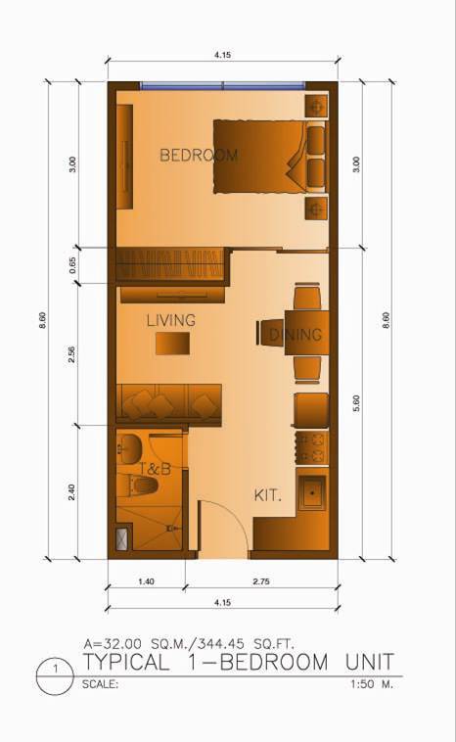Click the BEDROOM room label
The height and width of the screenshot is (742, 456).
coord(199,155)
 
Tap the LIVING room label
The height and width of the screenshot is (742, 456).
coord(171,320)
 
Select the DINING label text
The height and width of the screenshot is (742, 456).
coord(296,335)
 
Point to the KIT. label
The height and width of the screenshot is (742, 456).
coord(268,496)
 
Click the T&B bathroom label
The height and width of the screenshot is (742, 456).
coord(155,469)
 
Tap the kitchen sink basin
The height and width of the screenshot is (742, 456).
coord(312,492)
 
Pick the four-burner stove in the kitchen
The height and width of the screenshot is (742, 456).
coord(312,447)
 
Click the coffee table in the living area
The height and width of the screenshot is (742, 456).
coord(172,343)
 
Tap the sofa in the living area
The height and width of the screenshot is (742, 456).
coord(169,403)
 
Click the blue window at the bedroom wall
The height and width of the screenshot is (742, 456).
coord(223,85)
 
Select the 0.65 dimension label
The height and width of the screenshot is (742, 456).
coord(72,265)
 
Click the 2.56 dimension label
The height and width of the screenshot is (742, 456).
coord(71,355)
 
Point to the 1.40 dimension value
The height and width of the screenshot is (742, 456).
coord(146,581)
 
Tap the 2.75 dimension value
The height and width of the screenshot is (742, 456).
coord(261,581)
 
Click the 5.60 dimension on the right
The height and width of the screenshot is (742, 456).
coord(356,403)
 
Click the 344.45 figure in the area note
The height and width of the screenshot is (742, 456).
coord(221,643)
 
